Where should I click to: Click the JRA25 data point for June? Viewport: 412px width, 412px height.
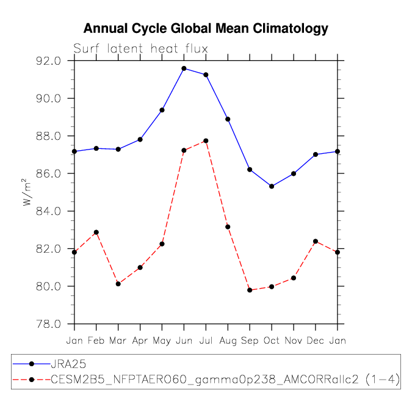(184, 68)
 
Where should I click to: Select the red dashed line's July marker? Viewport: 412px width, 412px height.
(206, 141)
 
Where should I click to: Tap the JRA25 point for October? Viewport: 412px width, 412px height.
(272, 186)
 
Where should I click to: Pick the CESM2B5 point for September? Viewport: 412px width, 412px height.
(250, 290)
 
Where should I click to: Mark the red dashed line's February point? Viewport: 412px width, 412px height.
(96, 233)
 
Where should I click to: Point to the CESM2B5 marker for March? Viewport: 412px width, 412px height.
(118, 284)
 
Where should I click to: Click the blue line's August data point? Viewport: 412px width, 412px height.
(228, 119)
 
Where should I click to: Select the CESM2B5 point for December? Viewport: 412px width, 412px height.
(316, 241)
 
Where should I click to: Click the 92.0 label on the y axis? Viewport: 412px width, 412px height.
(48, 61)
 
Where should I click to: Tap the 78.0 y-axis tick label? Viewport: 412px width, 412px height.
(48, 324)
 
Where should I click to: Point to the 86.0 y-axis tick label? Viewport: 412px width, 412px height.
(48, 174)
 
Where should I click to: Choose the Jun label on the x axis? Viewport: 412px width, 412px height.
(184, 341)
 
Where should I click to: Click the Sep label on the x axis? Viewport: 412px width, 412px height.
(250, 341)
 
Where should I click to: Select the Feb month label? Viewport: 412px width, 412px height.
(96, 341)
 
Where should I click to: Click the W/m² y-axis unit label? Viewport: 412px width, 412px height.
(26, 192)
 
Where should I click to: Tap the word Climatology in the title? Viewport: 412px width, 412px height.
(291, 29)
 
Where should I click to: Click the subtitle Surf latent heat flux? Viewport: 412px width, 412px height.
(140, 49)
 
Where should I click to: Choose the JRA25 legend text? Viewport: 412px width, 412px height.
(68, 364)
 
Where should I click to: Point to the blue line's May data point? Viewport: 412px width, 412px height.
(162, 110)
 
